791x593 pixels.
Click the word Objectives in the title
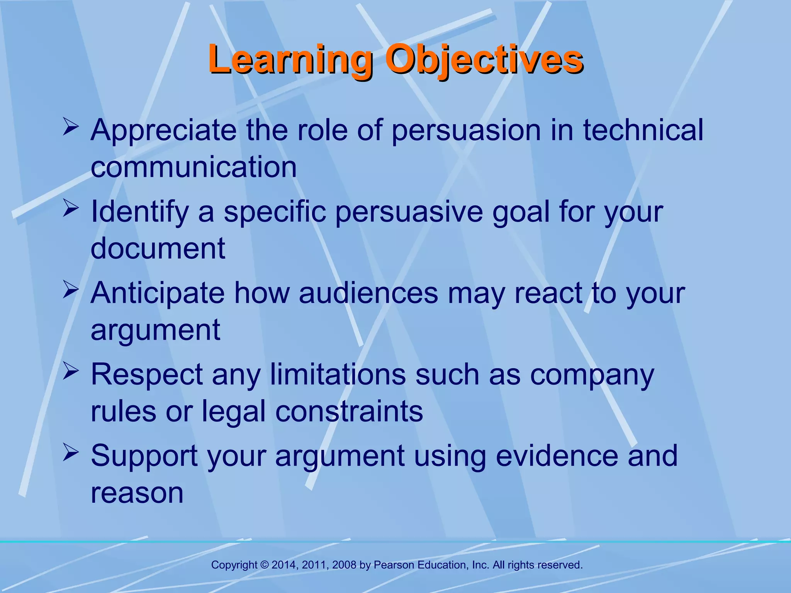(484, 60)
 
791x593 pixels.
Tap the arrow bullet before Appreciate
(71, 127)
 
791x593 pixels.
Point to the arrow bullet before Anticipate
(71, 290)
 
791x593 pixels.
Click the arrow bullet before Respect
(71, 371)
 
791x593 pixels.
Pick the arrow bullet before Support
(71, 452)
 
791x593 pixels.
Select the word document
(158, 248)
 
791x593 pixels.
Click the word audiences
(368, 293)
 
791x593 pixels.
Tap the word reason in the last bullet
(137, 493)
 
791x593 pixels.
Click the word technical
(643, 130)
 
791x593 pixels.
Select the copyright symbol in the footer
(265, 565)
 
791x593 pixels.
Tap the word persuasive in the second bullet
(409, 212)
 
